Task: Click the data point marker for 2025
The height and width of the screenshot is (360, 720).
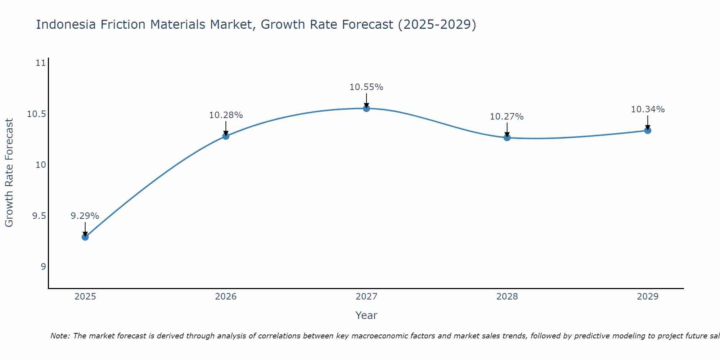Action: (85, 237)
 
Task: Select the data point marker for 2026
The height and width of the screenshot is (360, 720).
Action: (226, 136)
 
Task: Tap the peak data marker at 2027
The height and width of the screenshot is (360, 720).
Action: (366, 108)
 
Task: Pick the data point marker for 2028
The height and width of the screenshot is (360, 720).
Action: (507, 137)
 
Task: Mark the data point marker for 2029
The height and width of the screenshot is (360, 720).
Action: (648, 130)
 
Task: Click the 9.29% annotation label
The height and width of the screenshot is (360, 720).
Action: (85, 216)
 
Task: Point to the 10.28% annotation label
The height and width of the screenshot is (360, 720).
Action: (226, 115)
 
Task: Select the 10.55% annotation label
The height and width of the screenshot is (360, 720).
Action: (366, 87)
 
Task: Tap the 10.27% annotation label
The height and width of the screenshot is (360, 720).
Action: (507, 117)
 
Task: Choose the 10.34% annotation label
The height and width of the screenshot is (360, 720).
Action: (648, 109)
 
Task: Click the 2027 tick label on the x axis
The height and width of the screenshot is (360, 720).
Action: (366, 297)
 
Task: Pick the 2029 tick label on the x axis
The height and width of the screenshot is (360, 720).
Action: (648, 297)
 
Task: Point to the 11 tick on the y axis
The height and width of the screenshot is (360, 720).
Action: (41, 63)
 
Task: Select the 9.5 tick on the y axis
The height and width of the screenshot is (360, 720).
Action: (39, 216)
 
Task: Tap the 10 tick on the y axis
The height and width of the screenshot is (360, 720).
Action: (41, 165)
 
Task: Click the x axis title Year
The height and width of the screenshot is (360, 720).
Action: (366, 316)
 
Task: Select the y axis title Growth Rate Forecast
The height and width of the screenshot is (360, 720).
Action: (9, 173)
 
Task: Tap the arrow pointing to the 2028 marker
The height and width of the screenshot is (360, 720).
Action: (507, 130)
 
